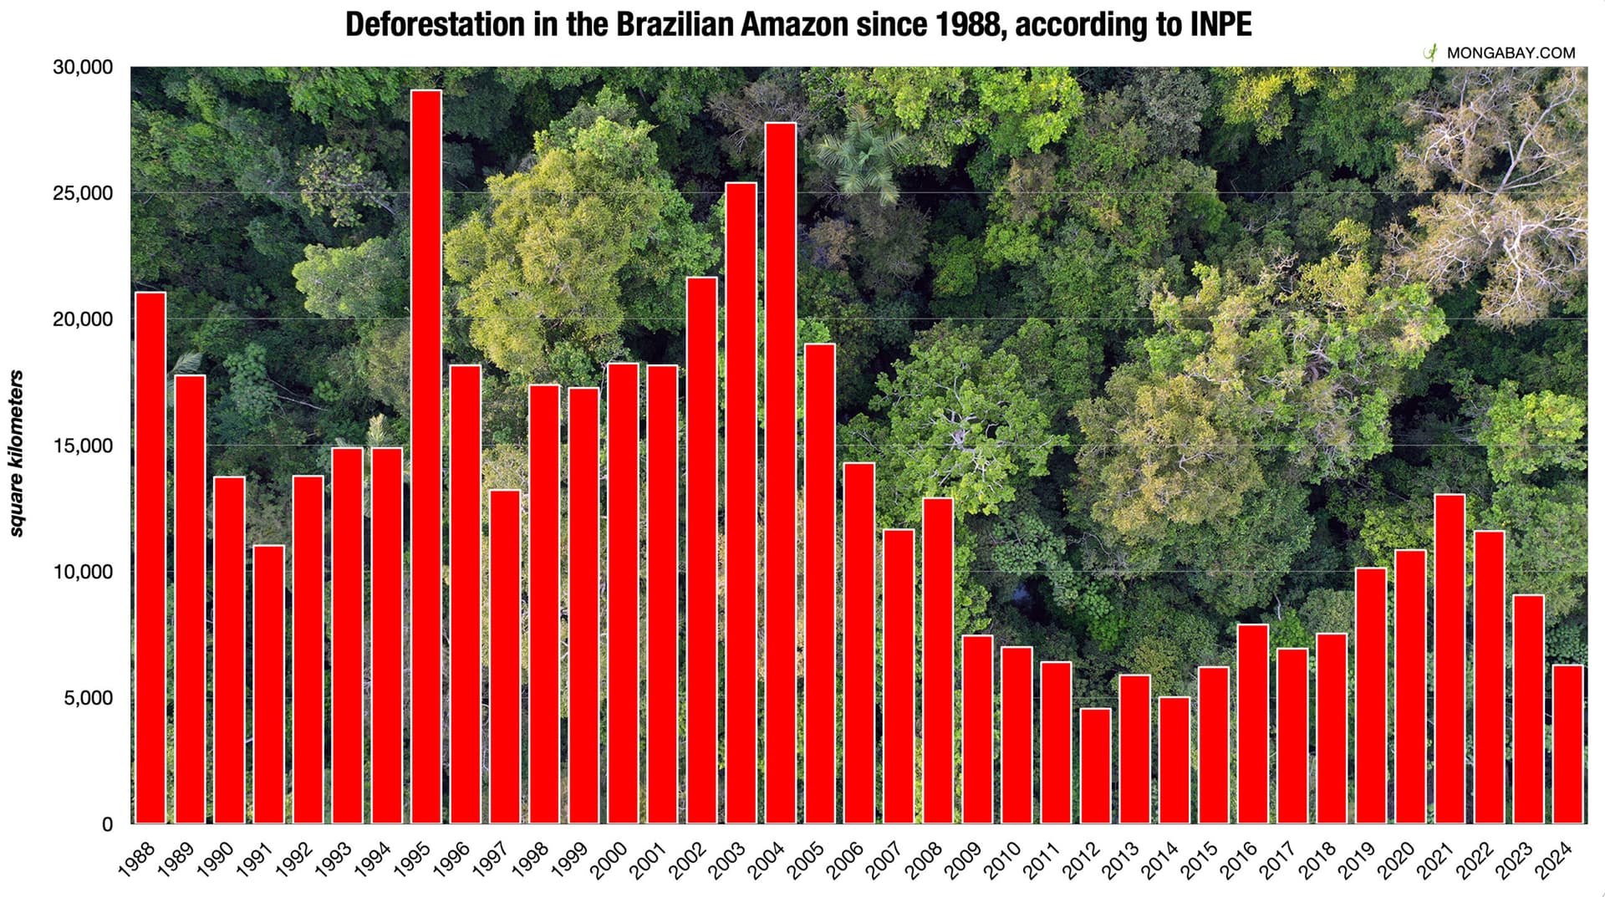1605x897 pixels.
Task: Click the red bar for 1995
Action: tap(426, 456)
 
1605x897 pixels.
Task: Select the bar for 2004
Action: tap(781, 472)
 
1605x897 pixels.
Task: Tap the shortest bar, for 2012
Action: tap(1095, 765)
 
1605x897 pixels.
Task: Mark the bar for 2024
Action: tap(1567, 744)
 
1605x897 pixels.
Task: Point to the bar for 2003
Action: tap(741, 502)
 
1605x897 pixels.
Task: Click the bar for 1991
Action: tap(268, 684)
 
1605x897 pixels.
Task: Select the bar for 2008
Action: tap(938, 660)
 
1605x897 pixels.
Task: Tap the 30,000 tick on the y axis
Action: tap(83, 68)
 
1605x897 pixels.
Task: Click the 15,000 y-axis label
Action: tap(83, 446)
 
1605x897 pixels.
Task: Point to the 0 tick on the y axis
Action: tap(107, 824)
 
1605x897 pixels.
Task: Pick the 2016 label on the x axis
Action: tap(1238, 860)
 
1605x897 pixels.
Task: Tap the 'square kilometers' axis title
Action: tap(16, 452)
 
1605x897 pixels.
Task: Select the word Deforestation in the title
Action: tap(436, 24)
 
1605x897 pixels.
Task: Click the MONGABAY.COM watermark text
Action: tap(1511, 53)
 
